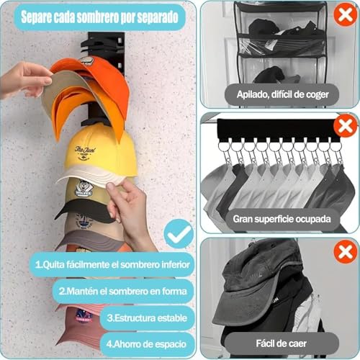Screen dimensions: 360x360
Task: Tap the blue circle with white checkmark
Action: pyautogui.click(x=178, y=233)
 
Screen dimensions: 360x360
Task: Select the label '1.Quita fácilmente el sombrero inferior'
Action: pyautogui.click(x=113, y=264)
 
